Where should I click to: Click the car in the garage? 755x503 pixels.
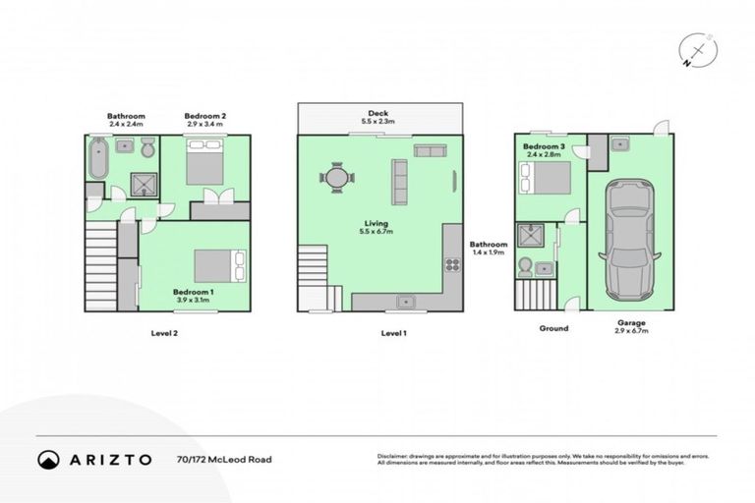626,240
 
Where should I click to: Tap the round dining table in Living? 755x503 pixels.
336,179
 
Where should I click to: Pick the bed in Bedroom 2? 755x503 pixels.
206,162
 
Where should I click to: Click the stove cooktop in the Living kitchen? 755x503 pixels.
453,264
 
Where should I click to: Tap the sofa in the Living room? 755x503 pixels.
400,181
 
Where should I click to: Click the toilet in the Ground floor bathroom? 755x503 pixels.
525,265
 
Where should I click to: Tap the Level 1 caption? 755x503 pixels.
394,333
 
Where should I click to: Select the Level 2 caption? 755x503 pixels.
163,333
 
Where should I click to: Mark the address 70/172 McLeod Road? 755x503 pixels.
223,459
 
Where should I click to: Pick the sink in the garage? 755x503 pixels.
621,144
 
